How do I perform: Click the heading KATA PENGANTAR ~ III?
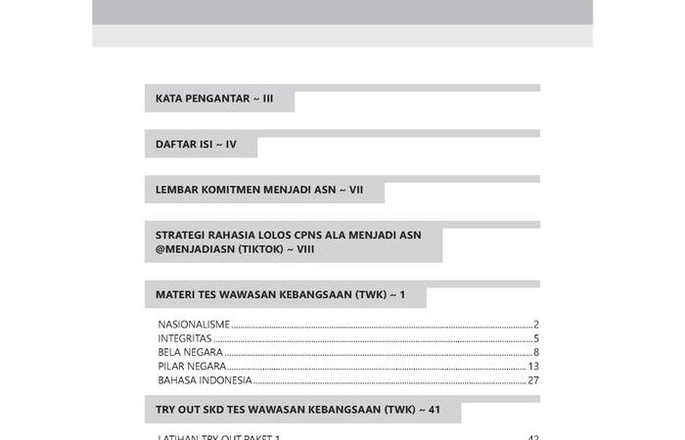(x=214, y=99)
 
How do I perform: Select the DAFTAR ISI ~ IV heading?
(x=196, y=144)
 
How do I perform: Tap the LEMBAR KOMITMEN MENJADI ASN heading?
(x=259, y=190)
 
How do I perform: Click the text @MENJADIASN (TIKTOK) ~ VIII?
(x=235, y=249)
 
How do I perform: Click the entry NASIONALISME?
(x=194, y=324)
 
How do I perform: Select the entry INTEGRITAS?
(x=185, y=338)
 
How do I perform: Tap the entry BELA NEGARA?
(x=190, y=352)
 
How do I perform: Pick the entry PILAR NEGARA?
(x=192, y=366)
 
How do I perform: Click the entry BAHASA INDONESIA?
(x=205, y=380)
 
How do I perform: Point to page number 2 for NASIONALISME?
(x=536, y=324)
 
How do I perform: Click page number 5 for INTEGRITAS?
(x=536, y=338)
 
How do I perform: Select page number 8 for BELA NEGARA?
(x=536, y=352)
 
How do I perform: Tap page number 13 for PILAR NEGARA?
(x=533, y=366)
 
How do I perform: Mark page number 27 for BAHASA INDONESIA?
(x=533, y=380)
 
